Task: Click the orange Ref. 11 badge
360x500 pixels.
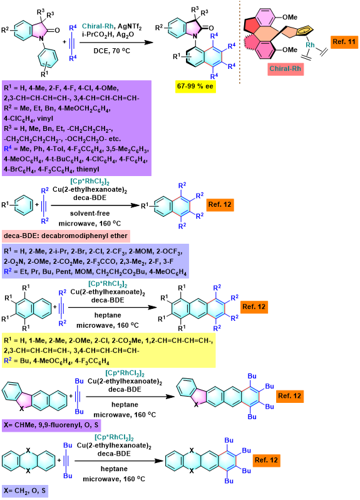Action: click(344, 42)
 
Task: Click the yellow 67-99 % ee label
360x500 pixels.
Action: click(195, 86)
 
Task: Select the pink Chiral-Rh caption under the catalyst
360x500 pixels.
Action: click(285, 68)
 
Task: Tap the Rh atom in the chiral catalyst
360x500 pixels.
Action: click(310, 45)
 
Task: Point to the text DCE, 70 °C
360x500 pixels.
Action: click(112, 51)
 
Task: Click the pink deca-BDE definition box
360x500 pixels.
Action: click(66, 236)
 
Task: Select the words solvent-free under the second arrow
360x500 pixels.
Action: click(90, 213)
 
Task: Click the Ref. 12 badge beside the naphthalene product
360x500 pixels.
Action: click(220, 204)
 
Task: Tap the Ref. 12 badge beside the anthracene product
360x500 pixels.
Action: click(254, 307)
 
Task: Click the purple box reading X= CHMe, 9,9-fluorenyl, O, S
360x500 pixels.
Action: click(51, 425)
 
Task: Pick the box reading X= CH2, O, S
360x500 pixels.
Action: click(25, 491)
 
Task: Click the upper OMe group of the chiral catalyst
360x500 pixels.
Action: click(290, 17)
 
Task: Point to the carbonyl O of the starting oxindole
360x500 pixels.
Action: click(57, 30)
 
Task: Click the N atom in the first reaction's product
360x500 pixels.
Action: click(195, 38)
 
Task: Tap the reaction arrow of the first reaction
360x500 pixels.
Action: click(116, 43)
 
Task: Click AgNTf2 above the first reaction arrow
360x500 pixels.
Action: click(130, 27)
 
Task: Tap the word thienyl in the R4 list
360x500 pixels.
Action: click(88, 169)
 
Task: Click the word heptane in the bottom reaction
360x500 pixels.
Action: click(114, 469)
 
